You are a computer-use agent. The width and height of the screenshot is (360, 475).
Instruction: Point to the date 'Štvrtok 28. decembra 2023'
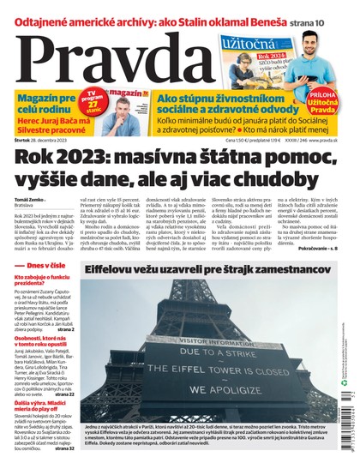pos(44,138)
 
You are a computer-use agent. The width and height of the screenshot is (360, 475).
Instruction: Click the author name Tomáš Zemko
pos(30,199)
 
